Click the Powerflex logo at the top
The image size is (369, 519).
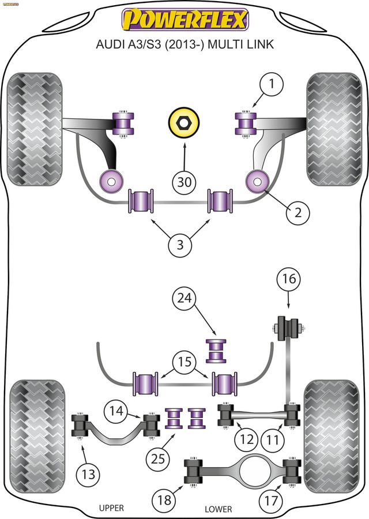tap(185, 20)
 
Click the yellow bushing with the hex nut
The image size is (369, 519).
tap(184, 122)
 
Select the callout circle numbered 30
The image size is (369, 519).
tap(184, 182)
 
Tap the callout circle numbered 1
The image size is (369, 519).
tap(271, 84)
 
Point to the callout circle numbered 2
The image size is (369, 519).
tap(298, 212)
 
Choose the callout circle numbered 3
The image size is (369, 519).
tap(180, 245)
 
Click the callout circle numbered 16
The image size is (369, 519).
tap(289, 279)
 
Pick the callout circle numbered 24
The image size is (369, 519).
tap(184, 298)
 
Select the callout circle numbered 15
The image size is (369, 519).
tap(184, 362)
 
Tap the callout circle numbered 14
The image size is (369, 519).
tap(116, 411)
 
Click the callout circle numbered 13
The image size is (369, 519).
tap(88, 475)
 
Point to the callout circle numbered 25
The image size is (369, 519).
tap(158, 459)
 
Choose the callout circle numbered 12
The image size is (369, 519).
tap(247, 439)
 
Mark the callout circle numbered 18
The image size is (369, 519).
tap(164, 499)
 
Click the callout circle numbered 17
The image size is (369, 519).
tap(271, 500)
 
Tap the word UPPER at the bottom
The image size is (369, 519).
tap(111, 508)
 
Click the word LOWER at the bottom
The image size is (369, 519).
tap(218, 509)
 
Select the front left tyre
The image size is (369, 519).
tap(35, 129)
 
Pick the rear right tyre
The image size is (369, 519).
tap(332, 436)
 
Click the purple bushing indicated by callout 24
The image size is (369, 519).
tap(216, 350)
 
